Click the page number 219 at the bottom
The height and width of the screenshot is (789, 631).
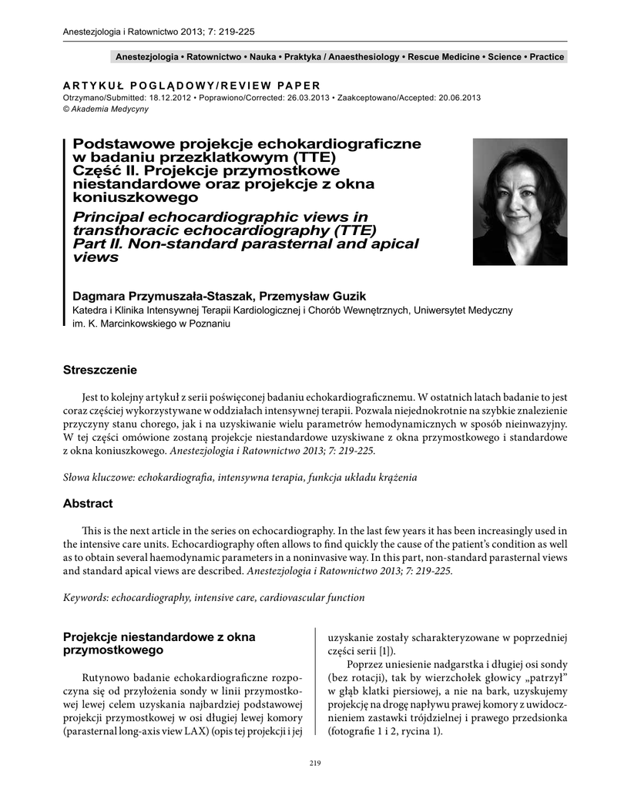coord(314,763)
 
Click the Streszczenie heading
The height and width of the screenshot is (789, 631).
coord(100,371)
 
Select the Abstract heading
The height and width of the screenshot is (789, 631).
coord(88,504)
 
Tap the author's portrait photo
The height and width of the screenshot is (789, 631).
coord(519,202)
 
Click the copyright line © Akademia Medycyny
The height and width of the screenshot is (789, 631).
coord(106,109)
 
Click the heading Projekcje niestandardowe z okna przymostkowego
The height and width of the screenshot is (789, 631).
coord(158,644)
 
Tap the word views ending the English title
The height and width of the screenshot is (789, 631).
coord(96,257)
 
